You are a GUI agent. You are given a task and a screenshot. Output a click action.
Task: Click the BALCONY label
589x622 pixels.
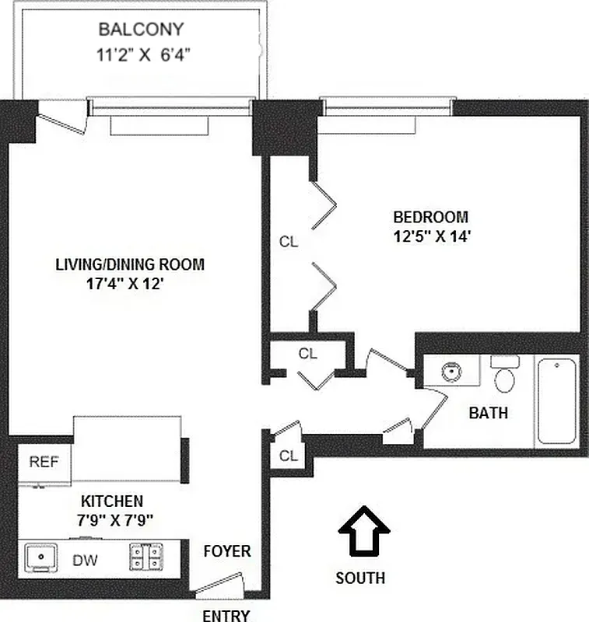(141, 30)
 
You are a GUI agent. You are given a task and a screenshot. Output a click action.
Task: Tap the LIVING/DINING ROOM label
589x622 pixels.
(130, 264)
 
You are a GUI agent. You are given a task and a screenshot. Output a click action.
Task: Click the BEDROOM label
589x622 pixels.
(430, 217)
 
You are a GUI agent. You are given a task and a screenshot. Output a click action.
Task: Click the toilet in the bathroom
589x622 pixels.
(505, 377)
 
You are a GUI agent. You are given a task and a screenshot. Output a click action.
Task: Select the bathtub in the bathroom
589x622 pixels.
(557, 401)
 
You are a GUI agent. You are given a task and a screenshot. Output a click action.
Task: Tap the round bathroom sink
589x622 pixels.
(451, 372)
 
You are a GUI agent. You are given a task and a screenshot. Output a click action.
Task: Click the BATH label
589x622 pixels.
(488, 414)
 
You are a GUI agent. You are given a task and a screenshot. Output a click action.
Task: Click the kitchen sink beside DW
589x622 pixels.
(40, 557)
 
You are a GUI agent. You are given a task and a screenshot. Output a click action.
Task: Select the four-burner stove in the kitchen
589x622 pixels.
(146, 557)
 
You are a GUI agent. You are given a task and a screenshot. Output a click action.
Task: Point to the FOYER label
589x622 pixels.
(227, 551)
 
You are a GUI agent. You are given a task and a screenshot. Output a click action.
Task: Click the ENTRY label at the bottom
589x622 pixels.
(226, 616)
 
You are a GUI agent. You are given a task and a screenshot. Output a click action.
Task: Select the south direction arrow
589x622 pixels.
(364, 530)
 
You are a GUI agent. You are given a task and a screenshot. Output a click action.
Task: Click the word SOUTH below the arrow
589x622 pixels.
(359, 578)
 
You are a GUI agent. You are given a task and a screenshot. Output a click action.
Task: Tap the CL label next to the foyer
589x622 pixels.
(288, 456)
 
